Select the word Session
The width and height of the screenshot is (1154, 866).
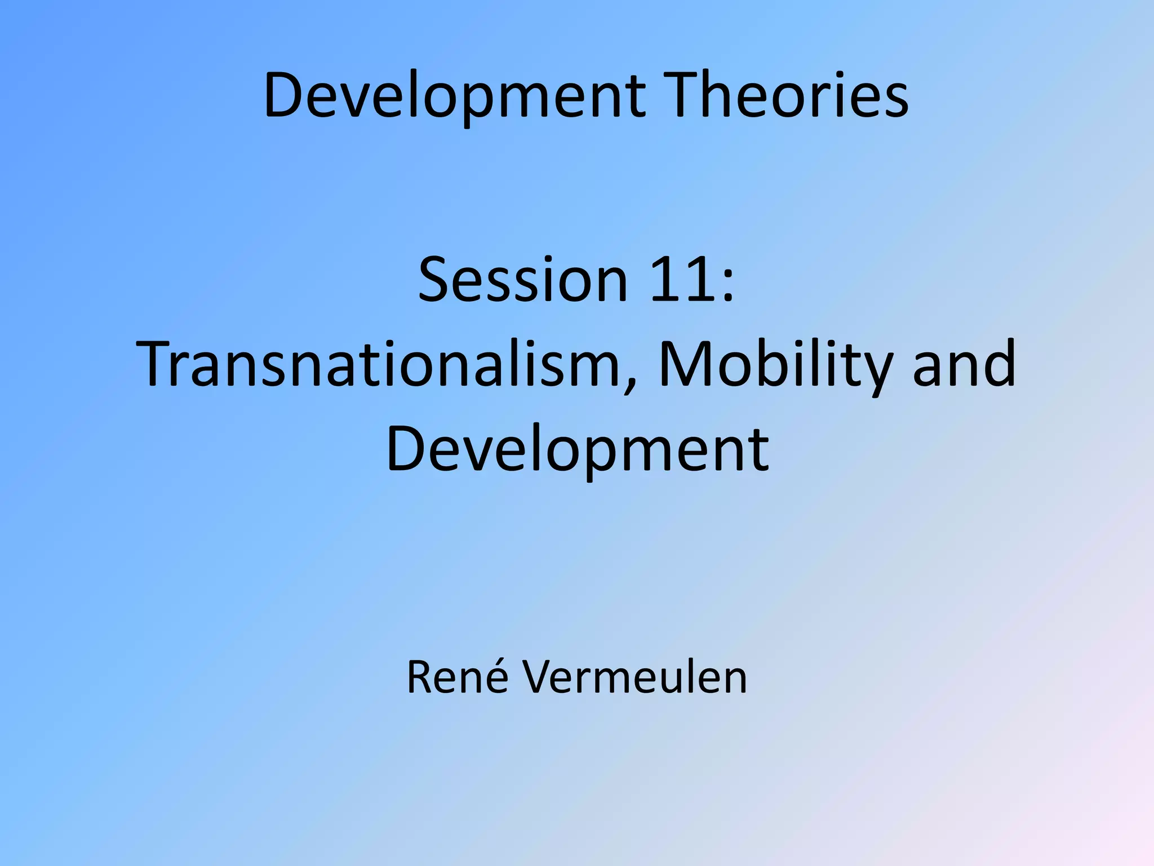point(522,280)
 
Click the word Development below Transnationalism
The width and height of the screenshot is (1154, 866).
point(577,449)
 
